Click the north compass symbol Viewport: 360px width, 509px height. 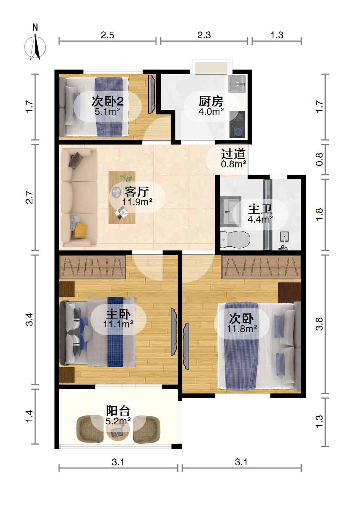[35, 44]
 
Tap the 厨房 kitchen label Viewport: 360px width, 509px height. [211, 101]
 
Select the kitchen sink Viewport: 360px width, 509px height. [237, 84]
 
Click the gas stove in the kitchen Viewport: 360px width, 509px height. [237, 124]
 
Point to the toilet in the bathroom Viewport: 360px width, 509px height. [235, 240]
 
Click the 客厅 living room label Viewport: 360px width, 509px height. [137, 192]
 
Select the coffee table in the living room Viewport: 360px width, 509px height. [122, 197]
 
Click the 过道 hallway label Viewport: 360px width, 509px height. [233, 154]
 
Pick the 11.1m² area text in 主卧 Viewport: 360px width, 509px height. [118, 324]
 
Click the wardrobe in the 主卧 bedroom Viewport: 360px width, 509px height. [92, 267]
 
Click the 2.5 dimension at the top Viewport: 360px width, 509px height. [107, 35]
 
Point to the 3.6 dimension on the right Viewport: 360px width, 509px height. [319, 324]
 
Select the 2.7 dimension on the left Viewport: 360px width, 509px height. [30, 197]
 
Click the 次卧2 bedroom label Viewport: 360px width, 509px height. [107, 101]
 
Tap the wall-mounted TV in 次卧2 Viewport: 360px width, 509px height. [152, 94]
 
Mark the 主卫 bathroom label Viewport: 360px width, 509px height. [260, 209]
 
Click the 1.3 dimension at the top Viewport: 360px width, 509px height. [277, 35]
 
